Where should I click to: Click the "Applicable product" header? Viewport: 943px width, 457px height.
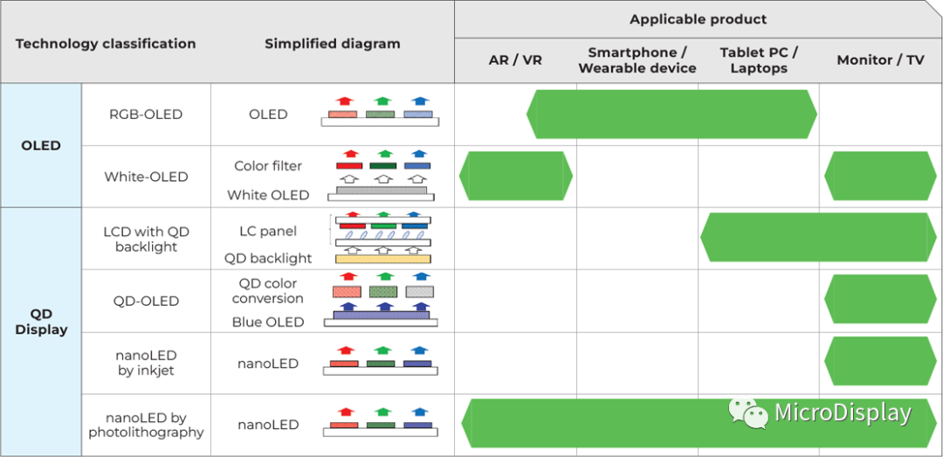698,19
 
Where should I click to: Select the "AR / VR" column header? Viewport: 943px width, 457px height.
515,60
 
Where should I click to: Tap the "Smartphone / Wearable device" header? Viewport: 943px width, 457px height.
637,60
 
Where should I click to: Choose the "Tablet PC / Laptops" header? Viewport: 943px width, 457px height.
759,60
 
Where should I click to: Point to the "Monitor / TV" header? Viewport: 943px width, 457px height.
880,60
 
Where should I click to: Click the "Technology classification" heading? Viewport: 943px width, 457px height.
106,44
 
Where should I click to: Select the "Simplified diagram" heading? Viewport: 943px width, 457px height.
333,44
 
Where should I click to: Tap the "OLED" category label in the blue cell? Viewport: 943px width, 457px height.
41,145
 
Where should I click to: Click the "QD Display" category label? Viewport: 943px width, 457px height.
41,322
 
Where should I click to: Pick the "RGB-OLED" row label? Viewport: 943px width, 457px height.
146,114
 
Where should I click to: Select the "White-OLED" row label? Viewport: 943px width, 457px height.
146,177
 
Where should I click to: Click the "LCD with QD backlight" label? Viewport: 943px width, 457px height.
146,239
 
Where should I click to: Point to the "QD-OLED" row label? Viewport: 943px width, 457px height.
146,301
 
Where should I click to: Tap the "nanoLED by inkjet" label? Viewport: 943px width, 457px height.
146,363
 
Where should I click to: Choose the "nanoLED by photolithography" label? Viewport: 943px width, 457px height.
146,425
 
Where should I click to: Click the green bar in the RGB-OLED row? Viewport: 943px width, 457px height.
671,114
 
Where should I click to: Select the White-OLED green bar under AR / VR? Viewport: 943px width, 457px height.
515,176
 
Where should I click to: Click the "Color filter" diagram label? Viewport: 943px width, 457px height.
268,166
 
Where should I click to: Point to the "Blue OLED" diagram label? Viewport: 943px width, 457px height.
268,322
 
